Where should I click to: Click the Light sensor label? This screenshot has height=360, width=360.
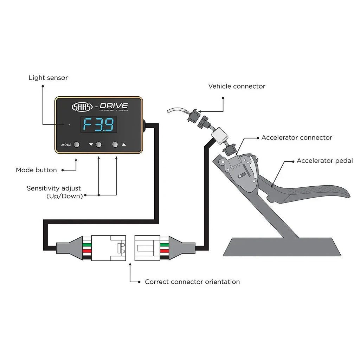tap(48, 78)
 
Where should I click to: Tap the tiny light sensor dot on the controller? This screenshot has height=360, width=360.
tap(70, 124)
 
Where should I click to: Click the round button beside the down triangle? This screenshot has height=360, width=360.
tap(98, 144)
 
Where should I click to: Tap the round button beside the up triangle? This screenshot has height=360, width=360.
tap(115, 144)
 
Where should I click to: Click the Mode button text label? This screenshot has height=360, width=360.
tap(36, 170)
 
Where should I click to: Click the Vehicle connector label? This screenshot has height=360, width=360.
tap(237, 86)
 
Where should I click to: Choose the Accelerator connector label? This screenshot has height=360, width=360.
tap(297, 137)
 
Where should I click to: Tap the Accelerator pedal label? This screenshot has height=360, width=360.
tap(324, 161)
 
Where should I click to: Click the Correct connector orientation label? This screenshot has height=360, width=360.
tap(192, 282)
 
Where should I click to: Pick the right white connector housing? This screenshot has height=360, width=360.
tap(147, 247)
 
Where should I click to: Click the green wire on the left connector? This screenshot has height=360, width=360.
tap(86, 244)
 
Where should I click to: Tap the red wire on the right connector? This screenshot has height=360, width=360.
tap(164, 251)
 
